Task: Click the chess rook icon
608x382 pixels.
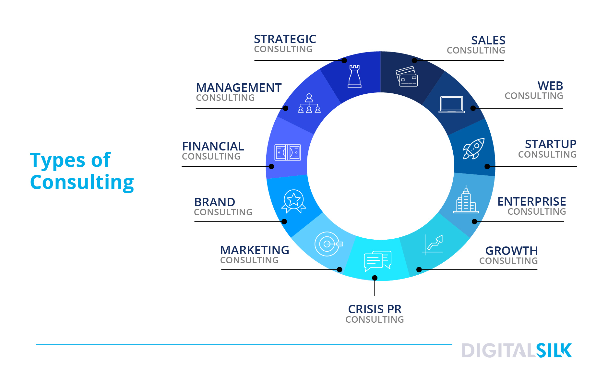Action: pos(354,77)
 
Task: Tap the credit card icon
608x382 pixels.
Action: pos(407,77)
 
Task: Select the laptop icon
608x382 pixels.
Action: pos(451,104)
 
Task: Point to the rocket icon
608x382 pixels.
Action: pos(474,149)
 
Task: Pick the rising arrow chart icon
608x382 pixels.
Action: pos(433,245)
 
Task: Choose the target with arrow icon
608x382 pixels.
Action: pos(328,244)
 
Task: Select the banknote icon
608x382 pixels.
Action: pos(288,152)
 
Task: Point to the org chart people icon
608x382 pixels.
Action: pos(309,103)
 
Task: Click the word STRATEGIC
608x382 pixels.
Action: pos(285,39)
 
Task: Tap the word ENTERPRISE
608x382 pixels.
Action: pos(532,201)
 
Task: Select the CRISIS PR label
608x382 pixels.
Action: pos(375,309)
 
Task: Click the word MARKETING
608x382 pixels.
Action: pos(255,250)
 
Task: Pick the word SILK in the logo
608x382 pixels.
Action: pos(554,351)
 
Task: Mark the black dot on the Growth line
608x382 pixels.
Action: pos(419,269)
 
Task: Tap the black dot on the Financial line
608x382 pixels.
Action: pos(271,166)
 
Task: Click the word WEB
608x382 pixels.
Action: pos(550,86)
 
